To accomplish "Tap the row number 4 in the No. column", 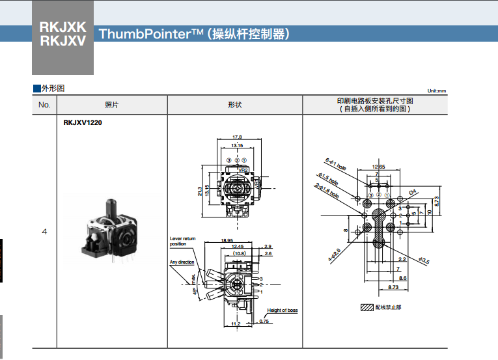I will [44, 231].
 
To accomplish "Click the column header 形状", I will [234, 105].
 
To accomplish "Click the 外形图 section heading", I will [52, 88].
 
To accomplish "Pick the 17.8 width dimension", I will [237, 137].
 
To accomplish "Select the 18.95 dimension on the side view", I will [227, 240].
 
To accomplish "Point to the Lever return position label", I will [182, 242].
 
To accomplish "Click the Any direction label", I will [182, 262].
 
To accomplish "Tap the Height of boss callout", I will [283, 311].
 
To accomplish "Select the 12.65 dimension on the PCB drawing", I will [379, 167].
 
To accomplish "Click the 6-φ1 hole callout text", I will [336, 163].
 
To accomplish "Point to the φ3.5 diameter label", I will [424, 261].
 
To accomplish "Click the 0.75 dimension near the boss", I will [264, 321].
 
